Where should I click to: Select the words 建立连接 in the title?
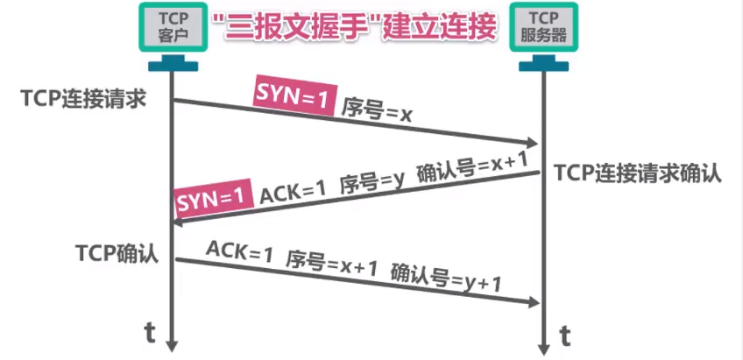click(x=446, y=27)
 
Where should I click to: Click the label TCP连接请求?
click(x=84, y=98)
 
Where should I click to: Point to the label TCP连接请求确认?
click(x=638, y=173)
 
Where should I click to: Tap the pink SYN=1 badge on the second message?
click(x=209, y=201)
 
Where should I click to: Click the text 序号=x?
click(x=377, y=109)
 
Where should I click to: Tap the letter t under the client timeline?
click(x=150, y=331)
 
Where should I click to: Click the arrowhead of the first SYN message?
click(x=532, y=143)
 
